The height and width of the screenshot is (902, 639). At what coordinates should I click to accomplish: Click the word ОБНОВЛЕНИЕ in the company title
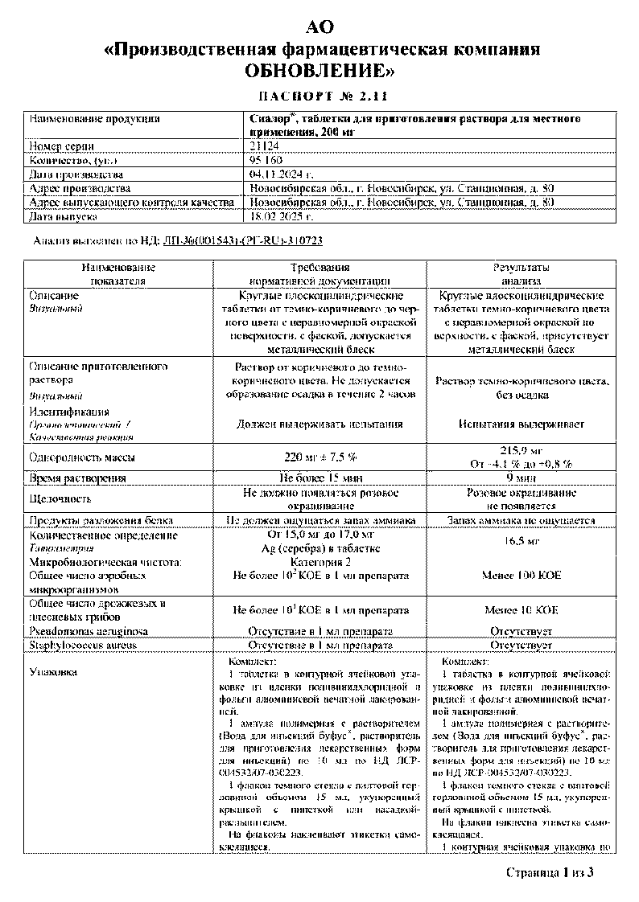click(x=319, y=72)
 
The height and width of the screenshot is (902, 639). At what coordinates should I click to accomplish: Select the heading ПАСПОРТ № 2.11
click(x=319, y=96)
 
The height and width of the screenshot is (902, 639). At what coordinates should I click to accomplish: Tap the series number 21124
click(x=263, y=146)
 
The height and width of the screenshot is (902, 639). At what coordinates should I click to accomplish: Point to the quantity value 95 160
click(x=266, y=160)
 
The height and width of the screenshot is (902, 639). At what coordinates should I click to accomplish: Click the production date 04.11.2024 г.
click(x=281, y=174)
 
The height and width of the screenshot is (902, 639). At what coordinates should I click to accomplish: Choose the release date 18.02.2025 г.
click(x=281, y=217)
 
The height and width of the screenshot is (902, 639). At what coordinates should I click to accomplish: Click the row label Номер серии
click(x=61, y=146)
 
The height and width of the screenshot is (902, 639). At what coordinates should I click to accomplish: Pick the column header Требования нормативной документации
click(x=319, y=274)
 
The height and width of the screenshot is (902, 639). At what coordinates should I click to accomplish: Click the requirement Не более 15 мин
click(x=320, y=478)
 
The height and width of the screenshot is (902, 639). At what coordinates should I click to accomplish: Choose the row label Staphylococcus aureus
click(x=83, y=645)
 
